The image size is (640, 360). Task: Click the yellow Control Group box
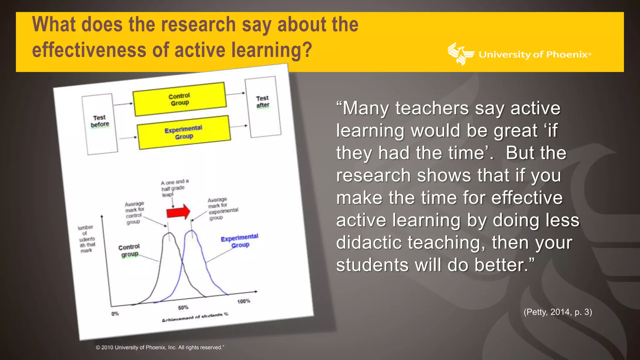pyautogui.click(x=179, y=99)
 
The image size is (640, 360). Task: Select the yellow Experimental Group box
pyautogui.click(x=184, y=132)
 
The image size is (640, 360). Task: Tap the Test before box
pyautogui.click(x=100, y=124)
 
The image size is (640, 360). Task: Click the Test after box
pyautogui.click(x=263, y=107)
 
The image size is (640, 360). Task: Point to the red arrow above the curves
pyautogui.click(x=178, y=212)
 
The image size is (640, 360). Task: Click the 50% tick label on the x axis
pyautogui.click(x=183, y=307)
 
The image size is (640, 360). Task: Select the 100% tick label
pyautogui.click(x=243, y=301)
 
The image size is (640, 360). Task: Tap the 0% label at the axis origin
pyautogui.click(x=115, y=313)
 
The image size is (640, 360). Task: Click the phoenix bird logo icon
pyautogui.click(x=460, y=54)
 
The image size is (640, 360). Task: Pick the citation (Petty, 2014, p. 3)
pyautogui.click(x=557, y=312)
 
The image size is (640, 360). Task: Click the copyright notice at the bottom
pyautogui.click(x=160, y=347)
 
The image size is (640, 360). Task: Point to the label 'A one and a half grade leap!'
pyautogui.click(x=174, y=188)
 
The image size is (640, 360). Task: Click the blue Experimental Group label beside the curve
pyautogui.click(x=240, y=241)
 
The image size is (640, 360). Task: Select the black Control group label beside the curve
pyautogui.click(x=129, y=251)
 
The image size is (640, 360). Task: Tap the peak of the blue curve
pyautogui.click(x=191, y=231)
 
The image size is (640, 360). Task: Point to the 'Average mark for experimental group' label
pyautogui.click(x=222, y=208)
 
